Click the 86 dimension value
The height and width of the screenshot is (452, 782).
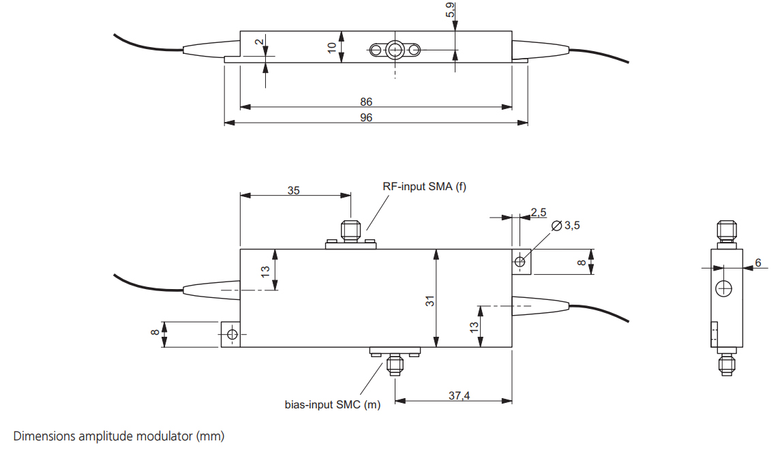(366, 102)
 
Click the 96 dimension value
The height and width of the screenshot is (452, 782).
(366, 117)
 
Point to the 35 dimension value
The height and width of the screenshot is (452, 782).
(293, 190)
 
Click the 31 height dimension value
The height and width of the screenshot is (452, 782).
(430, 300)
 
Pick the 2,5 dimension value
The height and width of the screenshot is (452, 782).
(538, 212)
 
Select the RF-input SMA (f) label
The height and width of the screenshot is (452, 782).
(425, 187)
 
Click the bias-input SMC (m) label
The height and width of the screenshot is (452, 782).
(333, 404)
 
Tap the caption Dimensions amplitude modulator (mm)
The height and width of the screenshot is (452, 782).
(119, 435)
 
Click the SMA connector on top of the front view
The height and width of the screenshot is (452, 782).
(350, 232)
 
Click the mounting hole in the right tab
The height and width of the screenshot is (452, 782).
(521, 261)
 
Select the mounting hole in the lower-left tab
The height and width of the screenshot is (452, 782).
(232, 334)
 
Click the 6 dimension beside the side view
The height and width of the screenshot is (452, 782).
(757, 262)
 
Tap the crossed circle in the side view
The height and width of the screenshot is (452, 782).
(723, 289)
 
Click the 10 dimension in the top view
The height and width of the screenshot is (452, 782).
(332, 48)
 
